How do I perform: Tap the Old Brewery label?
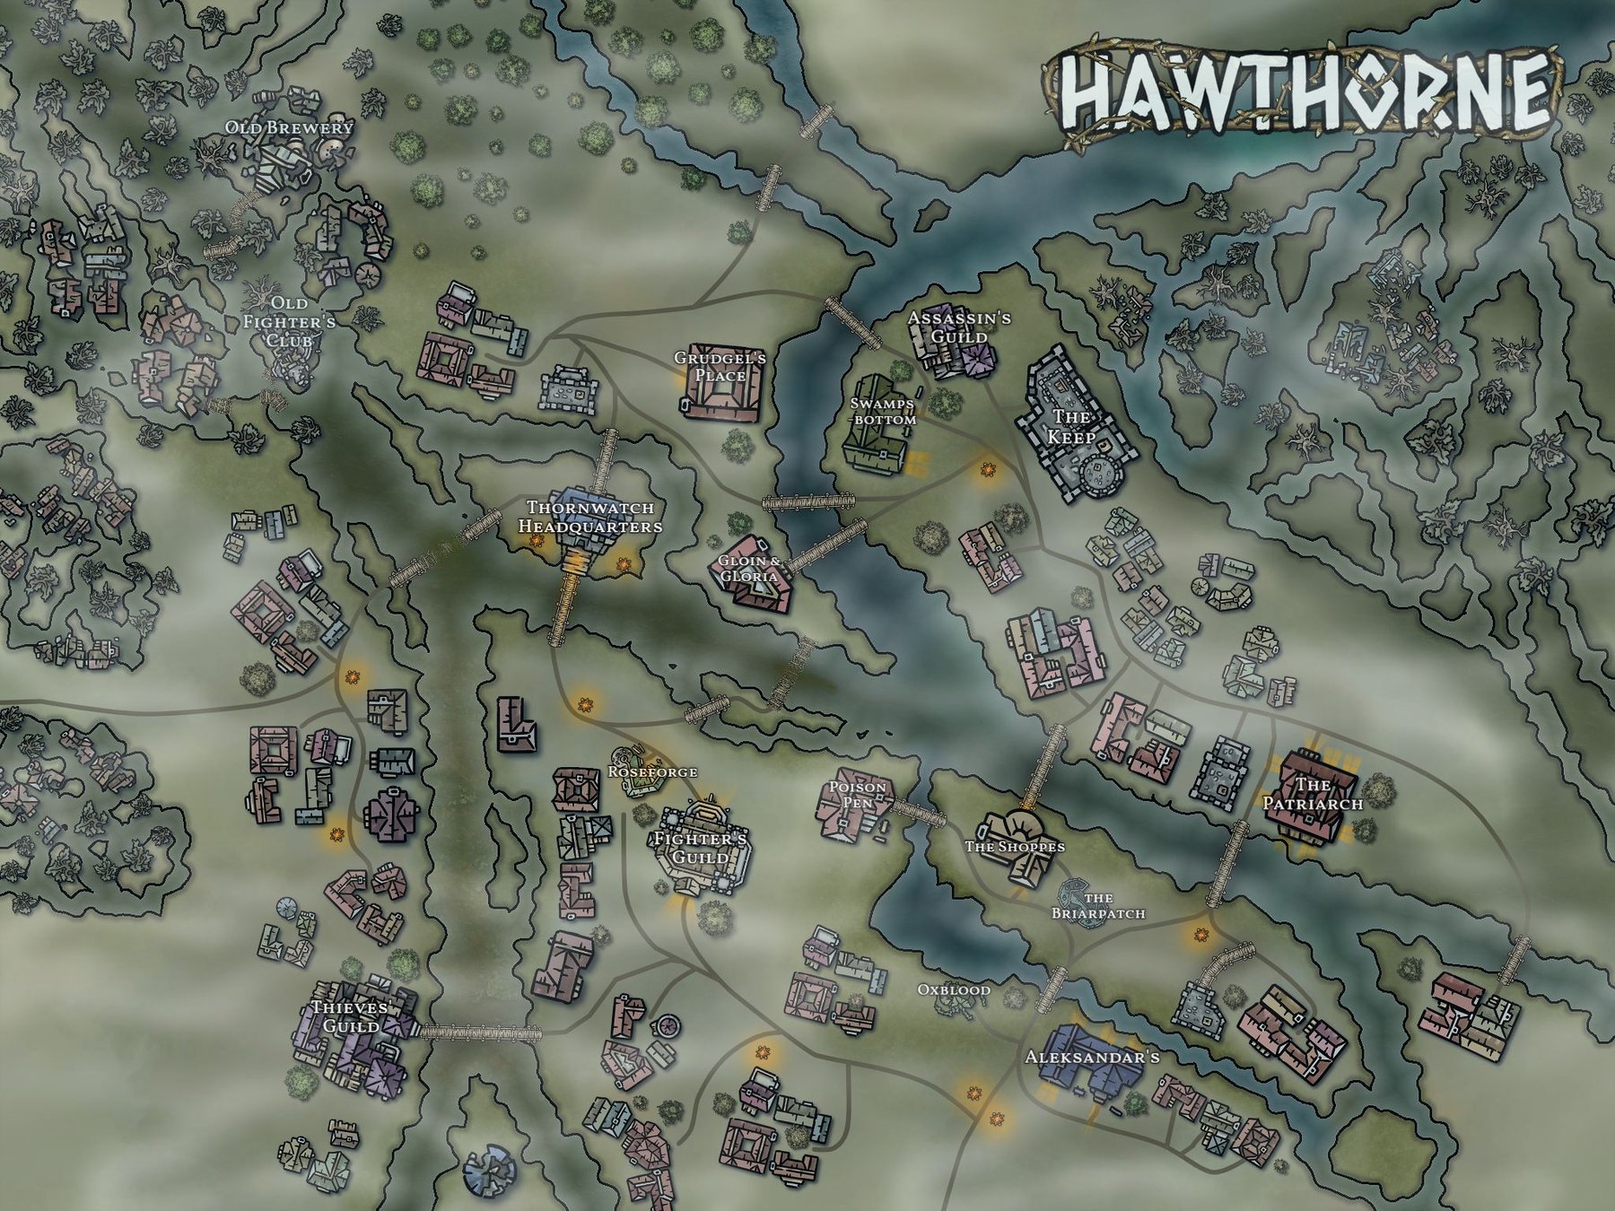289,127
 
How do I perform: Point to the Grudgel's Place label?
720,367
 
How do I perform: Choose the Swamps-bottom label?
883,412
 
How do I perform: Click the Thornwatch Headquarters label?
590,517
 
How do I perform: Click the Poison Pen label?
857,795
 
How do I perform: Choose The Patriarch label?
1313,794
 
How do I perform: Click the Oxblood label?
954,990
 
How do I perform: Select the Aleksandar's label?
1092,1058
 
